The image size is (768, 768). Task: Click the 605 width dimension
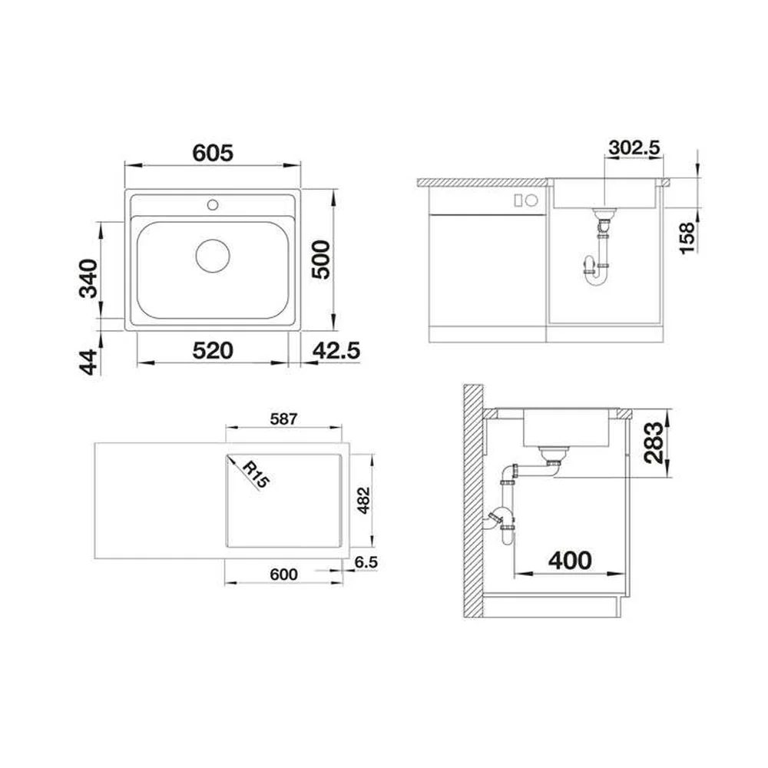tap(213, 153)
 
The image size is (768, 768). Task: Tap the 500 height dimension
tap(321, 260)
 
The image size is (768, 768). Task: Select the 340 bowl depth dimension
tap(88, 278)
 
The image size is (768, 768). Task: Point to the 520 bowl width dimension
tap(213, 351)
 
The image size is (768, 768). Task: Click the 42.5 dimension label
tap(336, 351)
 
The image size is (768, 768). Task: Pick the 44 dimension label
tap(88, 362)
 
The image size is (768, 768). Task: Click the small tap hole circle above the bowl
tap(213, 205)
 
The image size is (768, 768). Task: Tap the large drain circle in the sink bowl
tap(213, 256)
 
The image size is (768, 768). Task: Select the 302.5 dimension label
tap(634, 147)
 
